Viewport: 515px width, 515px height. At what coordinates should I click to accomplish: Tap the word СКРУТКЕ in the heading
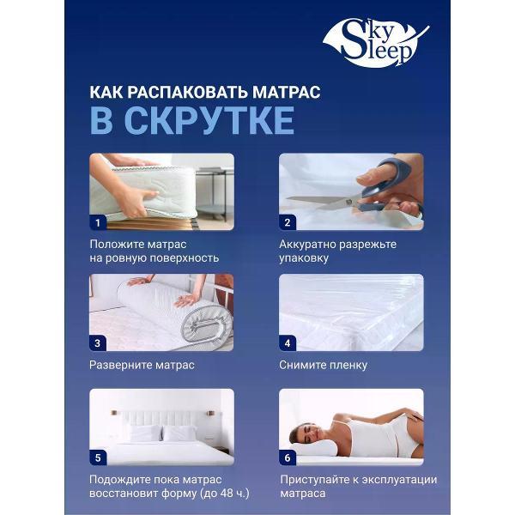[209, 121]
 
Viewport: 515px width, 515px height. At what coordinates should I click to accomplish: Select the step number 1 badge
[98, 222]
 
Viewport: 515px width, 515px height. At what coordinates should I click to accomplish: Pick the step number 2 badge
[288, 222]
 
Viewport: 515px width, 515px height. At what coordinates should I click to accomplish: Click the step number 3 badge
[98, 342]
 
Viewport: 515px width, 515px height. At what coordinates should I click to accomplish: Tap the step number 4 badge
[288, 342]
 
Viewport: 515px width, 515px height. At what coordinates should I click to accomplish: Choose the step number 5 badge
[98, 457]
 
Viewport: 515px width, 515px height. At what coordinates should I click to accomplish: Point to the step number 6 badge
[288, 457]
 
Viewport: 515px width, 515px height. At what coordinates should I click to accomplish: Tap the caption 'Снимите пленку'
[323, 365]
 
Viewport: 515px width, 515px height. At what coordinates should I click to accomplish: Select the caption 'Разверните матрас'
[142, 365]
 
